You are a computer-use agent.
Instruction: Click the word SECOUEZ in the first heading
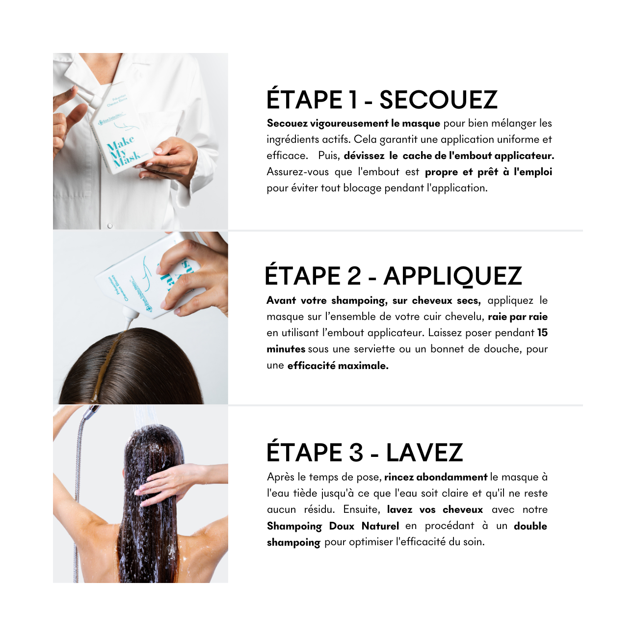438,100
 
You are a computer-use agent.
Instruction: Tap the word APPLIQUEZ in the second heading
452,277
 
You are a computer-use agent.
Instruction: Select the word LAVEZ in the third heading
424,452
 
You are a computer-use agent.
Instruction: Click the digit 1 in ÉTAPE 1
353,100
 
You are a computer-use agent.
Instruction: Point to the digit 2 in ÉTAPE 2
354,276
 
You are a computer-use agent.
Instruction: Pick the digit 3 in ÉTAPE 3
356,452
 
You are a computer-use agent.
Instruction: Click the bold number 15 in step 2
542,333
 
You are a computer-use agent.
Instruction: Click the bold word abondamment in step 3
452,477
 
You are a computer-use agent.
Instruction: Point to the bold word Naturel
380,526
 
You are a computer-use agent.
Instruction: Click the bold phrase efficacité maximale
338,366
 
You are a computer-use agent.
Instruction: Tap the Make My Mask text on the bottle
123,153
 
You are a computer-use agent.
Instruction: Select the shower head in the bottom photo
92,411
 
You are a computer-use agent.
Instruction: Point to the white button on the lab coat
110,225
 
